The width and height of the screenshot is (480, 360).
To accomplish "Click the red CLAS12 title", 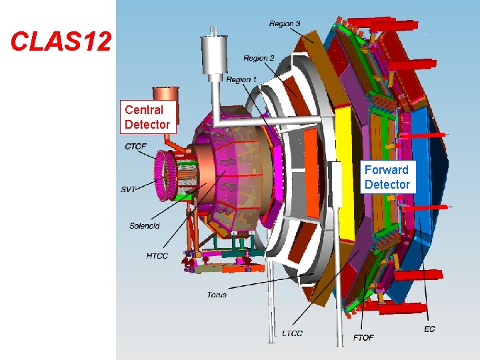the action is (61, 41).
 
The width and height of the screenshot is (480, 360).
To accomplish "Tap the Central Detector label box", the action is (148, 117).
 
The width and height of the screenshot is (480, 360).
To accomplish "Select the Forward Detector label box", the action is (387, 177).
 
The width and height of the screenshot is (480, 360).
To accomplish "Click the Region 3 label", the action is (285, 23).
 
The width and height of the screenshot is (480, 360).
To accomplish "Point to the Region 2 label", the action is (259, 58).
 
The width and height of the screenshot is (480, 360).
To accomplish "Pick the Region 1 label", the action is (241, 79).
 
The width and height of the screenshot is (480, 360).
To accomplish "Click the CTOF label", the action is (135, 147).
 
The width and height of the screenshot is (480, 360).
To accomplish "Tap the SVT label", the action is (128, 189).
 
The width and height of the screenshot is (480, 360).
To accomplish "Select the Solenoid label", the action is (145, 226).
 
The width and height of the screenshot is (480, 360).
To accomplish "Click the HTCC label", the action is (157, 255).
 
